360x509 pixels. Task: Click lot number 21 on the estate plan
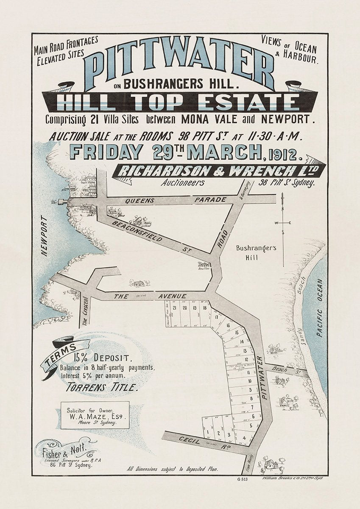click(174, 308)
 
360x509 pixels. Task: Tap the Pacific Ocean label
click(319, 308)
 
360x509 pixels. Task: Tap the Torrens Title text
click(102, 386)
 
